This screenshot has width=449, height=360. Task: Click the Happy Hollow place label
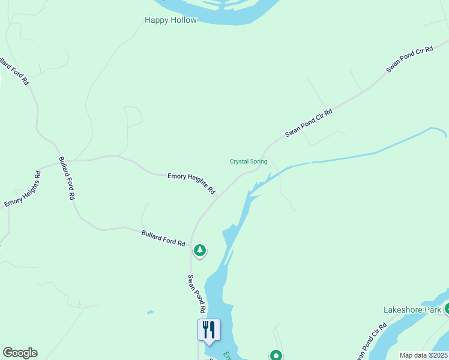[x=170, y=20]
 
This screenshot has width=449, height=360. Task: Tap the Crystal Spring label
[x=249, y=161]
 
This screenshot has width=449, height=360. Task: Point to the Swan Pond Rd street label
[x=197, y=294]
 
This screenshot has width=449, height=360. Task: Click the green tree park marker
[x=200, y=250]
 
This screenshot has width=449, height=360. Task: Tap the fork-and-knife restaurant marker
[x=209, y=330]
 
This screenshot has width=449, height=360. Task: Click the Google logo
[x=20, y=353]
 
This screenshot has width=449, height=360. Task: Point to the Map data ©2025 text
[x=423, y=355]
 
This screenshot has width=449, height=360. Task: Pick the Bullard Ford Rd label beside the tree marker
[x=163, y=238]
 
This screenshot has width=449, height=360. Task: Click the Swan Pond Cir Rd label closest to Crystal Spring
[x=309, y=122]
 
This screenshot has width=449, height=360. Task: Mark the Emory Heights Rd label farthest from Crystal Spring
[x=23, y=189]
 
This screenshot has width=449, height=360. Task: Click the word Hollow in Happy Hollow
[x=183, y=20]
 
